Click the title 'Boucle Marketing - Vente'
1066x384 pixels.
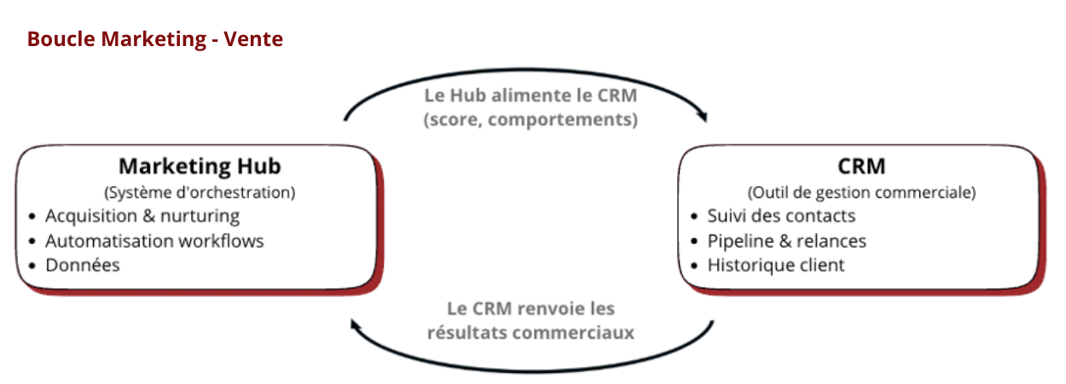[x=154, y=39]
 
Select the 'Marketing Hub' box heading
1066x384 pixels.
[x=200, y=166]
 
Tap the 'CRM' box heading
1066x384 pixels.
[x=861, y=166]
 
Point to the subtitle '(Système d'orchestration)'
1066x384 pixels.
[x=200, y=192]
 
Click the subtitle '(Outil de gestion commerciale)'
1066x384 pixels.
[x=861, y=192]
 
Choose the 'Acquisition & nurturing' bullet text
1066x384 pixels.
[x=142, y=216]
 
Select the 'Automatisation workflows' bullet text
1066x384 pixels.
[x=154, y=241]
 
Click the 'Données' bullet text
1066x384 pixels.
[x=83, y=265]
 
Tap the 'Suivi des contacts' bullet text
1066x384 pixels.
[x=781, y=216]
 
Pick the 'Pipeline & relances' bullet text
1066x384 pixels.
[x=786, y=241]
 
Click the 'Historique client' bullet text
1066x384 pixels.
[x=776, y=265]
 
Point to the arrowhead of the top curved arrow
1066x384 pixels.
[x=704, y=116]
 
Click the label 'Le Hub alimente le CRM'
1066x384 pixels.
[x=530, y=94]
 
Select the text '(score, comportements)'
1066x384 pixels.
[x=530, y=119]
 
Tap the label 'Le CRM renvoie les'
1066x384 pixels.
[x=530, y=308]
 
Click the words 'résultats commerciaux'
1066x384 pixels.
[x=530, y=332]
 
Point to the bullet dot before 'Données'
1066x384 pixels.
[x=32, y=265]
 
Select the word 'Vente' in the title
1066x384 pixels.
[x=254, y=39]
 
